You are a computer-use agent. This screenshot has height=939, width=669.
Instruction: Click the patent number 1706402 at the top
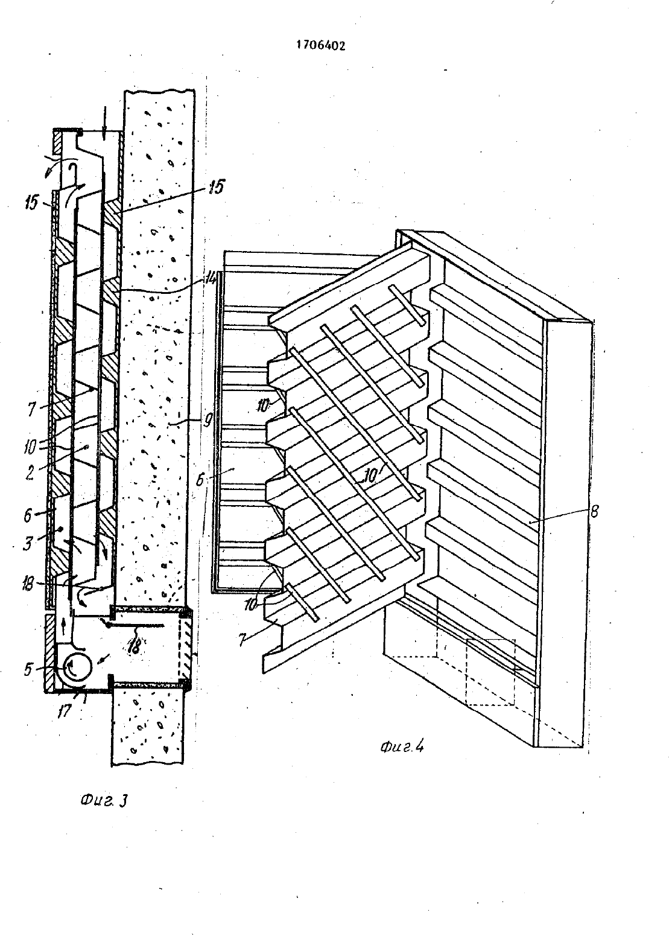click(321, 45)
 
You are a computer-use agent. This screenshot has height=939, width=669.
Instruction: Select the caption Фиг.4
click(402, 746)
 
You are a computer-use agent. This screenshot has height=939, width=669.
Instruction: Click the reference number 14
click(212, 278)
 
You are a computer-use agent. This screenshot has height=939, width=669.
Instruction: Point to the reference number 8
click(594, 511)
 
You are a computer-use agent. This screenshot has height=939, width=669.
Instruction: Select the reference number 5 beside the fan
click(28, 669)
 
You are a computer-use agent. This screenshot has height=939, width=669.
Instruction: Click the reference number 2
click(30, 473)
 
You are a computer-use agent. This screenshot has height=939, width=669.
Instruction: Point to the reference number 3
click(28, 544)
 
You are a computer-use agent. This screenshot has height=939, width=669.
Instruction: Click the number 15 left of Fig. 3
click(31, 203)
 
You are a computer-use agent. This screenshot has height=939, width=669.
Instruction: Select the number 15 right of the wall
click(216, 186)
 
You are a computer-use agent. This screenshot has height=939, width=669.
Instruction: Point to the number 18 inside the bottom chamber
click(135, 646)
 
